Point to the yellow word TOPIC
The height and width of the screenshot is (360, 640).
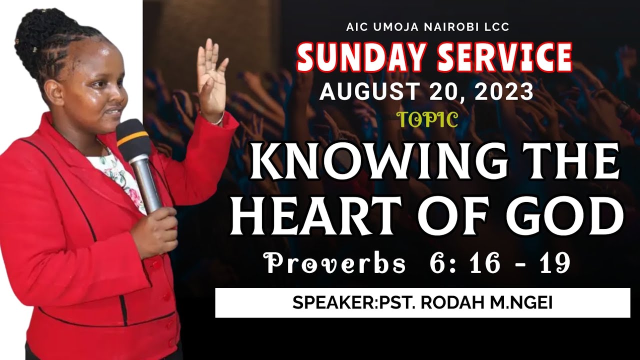click(x=427, y=120)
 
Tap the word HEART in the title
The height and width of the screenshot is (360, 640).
click(x=307, y=216)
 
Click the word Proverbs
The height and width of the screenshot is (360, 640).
click(x=335, y=263)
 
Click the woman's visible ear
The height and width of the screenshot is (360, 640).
click(x=54, y=92)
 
